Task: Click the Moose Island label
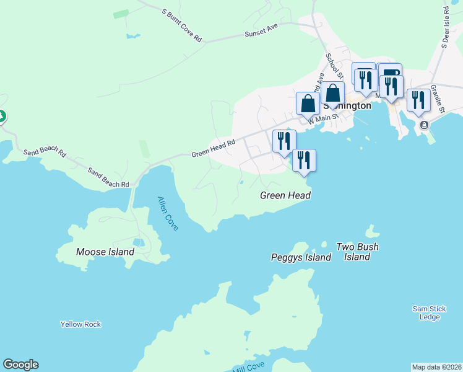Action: (105, 252)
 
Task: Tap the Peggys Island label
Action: (301, 257)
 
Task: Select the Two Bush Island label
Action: (357, 252)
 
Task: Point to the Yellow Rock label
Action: (80, 324)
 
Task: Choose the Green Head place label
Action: (285, 195)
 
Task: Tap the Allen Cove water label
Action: (167, 213)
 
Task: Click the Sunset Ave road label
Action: (261, 33)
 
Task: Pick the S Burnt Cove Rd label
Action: (182, 25)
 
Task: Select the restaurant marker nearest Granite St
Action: (419, 100)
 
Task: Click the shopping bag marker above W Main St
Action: (332, 94)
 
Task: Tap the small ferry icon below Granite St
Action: (424, 125)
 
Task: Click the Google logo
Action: (20, 365)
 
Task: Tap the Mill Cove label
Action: (249, 366)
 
